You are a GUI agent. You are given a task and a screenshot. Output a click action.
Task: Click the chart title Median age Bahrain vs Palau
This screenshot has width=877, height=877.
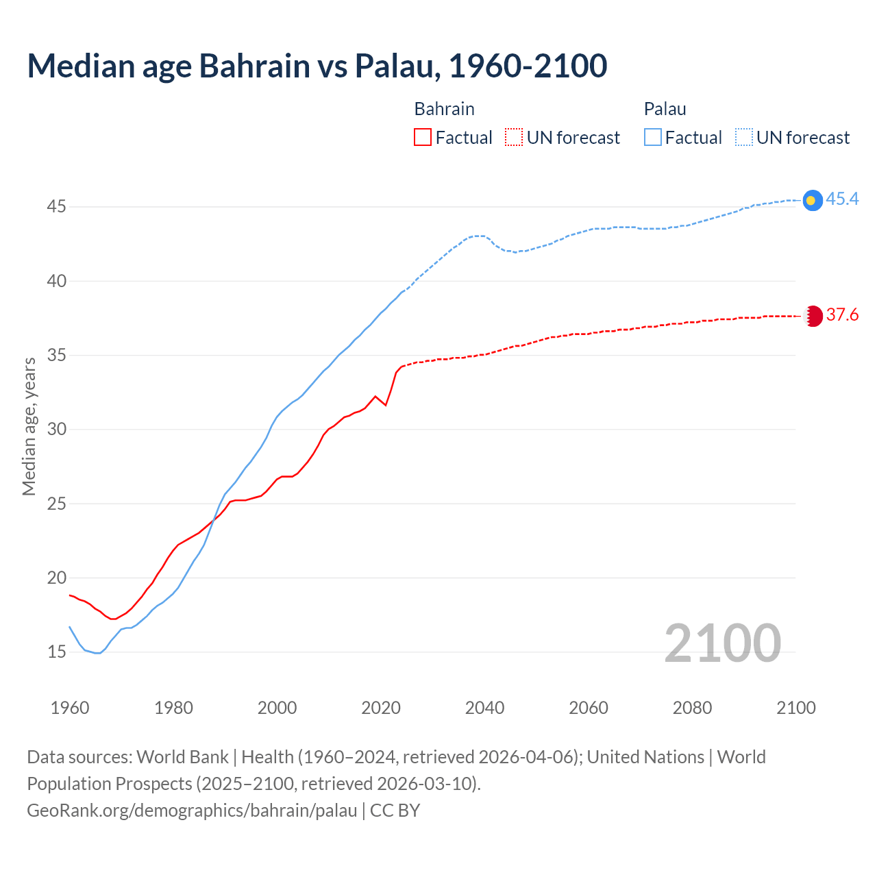tap(317, 66)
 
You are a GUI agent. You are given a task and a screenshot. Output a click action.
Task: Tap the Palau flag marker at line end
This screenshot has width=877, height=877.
tap(812, 200)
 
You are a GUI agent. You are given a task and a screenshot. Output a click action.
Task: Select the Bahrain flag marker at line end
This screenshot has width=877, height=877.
tap(813, 316)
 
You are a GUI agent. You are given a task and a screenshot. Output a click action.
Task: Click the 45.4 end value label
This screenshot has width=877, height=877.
tap(842, 199)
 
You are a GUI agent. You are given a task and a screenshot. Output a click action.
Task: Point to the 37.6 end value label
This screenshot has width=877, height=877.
tap(842, 315)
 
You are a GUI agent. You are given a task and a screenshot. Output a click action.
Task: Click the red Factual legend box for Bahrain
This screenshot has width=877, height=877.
tap(423, 138)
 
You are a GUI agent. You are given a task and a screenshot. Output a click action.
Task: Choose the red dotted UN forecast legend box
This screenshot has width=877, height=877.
tap(514, 138)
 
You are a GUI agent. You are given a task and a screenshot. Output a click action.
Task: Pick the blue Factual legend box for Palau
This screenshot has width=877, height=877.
tap(653, 138)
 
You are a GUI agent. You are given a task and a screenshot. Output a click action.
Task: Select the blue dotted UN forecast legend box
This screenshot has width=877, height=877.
tap(744, 138)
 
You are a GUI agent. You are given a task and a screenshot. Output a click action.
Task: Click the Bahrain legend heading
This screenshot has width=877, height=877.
tap(444, 110)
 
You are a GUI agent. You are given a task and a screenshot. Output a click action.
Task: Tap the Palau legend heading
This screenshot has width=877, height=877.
tap(665, 110)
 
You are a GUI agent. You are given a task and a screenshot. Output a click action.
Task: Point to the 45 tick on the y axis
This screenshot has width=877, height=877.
tap(56, 207)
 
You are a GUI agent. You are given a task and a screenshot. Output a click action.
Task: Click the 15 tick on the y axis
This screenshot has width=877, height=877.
tap(56, 652)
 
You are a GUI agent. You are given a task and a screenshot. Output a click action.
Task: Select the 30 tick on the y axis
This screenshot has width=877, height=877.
tap(56, 430)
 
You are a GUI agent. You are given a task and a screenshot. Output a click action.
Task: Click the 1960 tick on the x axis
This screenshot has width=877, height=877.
tap(70, 708)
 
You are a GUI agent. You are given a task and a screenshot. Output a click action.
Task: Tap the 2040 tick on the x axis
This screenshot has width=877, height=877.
tap(484, 708)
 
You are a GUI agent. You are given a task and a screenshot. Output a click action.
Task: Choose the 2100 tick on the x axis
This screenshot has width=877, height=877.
tap(795, 708)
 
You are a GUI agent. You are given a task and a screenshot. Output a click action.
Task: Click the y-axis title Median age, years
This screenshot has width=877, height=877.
tap(29, 426)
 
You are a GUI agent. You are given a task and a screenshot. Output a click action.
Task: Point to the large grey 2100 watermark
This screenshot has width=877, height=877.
tap(722, 643)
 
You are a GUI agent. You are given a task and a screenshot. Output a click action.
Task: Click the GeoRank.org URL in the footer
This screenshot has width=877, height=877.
tap(192, 811)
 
